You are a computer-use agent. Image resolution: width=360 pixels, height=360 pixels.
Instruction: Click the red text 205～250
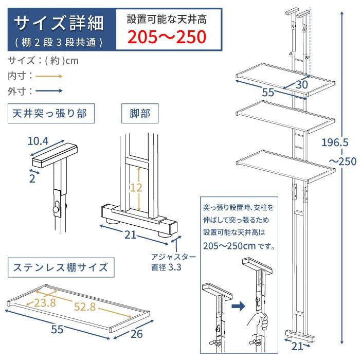167,37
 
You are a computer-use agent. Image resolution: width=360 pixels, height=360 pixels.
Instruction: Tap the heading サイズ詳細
59,23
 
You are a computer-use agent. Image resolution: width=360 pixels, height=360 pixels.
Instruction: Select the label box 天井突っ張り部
51,114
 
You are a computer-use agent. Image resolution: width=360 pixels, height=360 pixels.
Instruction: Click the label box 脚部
140,114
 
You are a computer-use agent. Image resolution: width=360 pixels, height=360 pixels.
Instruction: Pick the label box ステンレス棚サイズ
61,267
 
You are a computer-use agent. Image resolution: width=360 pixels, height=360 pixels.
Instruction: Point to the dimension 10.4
38,141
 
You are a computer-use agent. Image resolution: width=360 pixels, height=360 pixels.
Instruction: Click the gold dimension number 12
136,188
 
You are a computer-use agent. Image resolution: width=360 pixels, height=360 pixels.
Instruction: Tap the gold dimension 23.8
45,303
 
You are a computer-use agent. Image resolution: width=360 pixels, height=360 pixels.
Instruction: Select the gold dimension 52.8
85,307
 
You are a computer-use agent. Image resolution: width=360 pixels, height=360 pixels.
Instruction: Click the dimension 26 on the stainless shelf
137,334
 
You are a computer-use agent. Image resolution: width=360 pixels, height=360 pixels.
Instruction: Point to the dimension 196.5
335,142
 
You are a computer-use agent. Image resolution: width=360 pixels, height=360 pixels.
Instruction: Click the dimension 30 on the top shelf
302,85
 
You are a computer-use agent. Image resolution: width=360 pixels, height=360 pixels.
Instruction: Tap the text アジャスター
174,257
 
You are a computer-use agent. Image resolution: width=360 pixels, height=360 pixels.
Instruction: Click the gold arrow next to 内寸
49,77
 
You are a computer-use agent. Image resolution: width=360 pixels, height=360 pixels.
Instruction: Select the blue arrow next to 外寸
49,91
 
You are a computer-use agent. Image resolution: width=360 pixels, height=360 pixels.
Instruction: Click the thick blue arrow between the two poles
239,307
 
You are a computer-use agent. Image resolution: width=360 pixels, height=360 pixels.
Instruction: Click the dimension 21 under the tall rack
297,347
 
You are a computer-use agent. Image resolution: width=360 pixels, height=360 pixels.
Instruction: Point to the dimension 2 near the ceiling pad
32,178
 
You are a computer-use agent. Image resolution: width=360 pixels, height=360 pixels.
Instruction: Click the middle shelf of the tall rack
285,117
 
